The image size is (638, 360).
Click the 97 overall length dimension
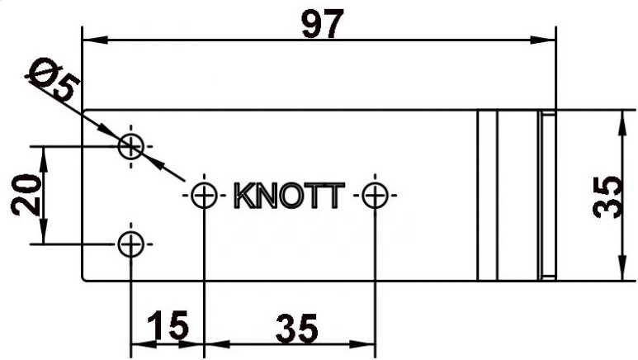point(323,24)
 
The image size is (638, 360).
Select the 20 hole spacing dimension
point(26,195)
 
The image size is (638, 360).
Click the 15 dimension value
point(168,325)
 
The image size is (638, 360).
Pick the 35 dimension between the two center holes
point(296,328)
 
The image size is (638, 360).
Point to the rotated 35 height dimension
point(607,197)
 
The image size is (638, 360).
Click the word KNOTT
point(290,196)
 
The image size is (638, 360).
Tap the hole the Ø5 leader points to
point(130,146)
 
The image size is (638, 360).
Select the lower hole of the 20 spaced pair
point(130,244)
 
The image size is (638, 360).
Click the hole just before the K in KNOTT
point(204,196)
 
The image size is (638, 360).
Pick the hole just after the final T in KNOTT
point(375,196)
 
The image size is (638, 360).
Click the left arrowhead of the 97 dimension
point(95,40)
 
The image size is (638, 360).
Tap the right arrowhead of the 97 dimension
point(543,40)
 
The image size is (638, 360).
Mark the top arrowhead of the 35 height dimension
point(621,122)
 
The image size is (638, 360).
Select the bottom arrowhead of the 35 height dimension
point(621,268)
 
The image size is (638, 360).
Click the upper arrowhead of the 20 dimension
point(44,159)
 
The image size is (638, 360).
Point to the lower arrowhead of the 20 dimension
point(44,231)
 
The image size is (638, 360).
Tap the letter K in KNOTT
point(244,196)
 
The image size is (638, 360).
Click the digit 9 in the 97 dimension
point(312,25)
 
